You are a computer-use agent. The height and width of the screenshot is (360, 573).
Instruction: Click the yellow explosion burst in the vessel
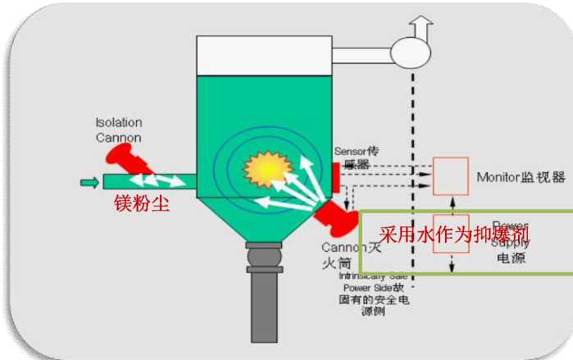267,169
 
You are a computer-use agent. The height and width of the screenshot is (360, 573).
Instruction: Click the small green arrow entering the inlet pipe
89,181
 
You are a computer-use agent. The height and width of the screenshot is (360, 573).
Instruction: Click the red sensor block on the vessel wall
336,174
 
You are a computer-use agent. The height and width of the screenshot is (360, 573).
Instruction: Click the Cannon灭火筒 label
343,255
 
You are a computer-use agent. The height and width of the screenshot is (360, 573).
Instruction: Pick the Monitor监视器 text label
521,176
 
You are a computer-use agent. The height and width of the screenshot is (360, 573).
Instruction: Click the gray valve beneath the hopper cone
266,261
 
